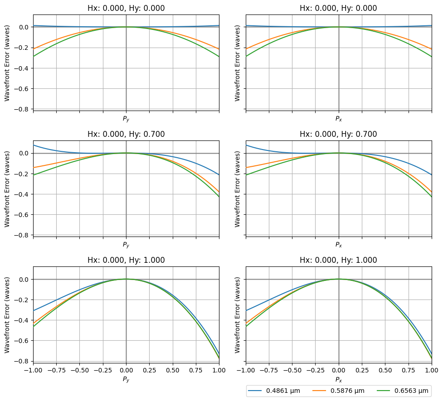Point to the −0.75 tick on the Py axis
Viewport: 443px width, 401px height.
point(56,370)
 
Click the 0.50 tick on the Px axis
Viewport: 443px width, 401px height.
point(385,370)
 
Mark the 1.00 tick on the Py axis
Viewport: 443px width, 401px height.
point(219,370)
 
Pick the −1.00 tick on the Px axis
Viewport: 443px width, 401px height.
point(246,370)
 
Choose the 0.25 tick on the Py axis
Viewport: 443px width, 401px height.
point(149,370)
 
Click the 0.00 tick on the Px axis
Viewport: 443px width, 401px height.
point(339,370)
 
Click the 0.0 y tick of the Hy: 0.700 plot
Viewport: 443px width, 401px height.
point(23,153)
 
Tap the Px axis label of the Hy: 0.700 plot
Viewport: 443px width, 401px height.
point(339,245)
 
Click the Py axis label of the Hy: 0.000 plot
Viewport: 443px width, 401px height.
point(126,119)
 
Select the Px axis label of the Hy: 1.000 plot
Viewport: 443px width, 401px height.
point(339,379)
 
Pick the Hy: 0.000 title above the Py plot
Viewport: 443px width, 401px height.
point(126,8)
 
